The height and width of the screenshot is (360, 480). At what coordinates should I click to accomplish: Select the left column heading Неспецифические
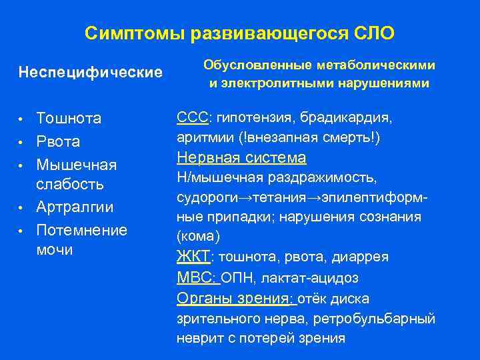[91, 71]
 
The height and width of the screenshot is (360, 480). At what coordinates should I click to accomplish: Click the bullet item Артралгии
[75, 207]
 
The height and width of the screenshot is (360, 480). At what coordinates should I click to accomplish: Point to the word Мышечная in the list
[77, 164]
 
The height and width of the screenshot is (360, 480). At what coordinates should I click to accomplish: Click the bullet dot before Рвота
[21, 142]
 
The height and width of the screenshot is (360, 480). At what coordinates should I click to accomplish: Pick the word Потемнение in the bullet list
[82, 230]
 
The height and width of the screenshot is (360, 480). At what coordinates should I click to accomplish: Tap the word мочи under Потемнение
[55, 250]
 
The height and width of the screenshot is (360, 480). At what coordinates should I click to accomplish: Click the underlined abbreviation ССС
[192, 118]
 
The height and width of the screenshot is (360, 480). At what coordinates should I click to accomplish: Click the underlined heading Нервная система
[241, 158]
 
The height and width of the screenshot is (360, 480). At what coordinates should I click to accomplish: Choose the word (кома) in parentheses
[197, 237]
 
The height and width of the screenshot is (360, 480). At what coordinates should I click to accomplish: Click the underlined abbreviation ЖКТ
[192, 257]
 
